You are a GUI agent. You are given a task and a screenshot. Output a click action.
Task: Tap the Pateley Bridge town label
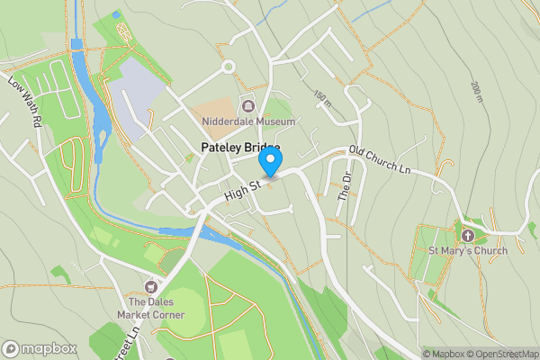(239, 148)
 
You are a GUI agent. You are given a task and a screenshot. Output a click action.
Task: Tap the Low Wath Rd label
(25, 100)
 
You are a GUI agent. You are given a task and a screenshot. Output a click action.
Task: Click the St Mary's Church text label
(467, 250)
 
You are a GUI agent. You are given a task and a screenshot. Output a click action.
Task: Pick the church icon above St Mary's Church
(467, 235)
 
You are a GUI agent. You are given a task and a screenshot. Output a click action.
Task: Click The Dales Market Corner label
(156, 308)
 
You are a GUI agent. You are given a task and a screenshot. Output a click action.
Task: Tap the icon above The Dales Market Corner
(156, 284)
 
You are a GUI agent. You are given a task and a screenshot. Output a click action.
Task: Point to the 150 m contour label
(322, 97)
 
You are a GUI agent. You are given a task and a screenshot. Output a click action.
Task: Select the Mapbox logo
(40, 348)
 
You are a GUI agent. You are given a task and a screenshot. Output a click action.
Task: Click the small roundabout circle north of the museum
(229, 66)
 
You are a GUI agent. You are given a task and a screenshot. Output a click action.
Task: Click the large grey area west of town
(135, 99)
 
